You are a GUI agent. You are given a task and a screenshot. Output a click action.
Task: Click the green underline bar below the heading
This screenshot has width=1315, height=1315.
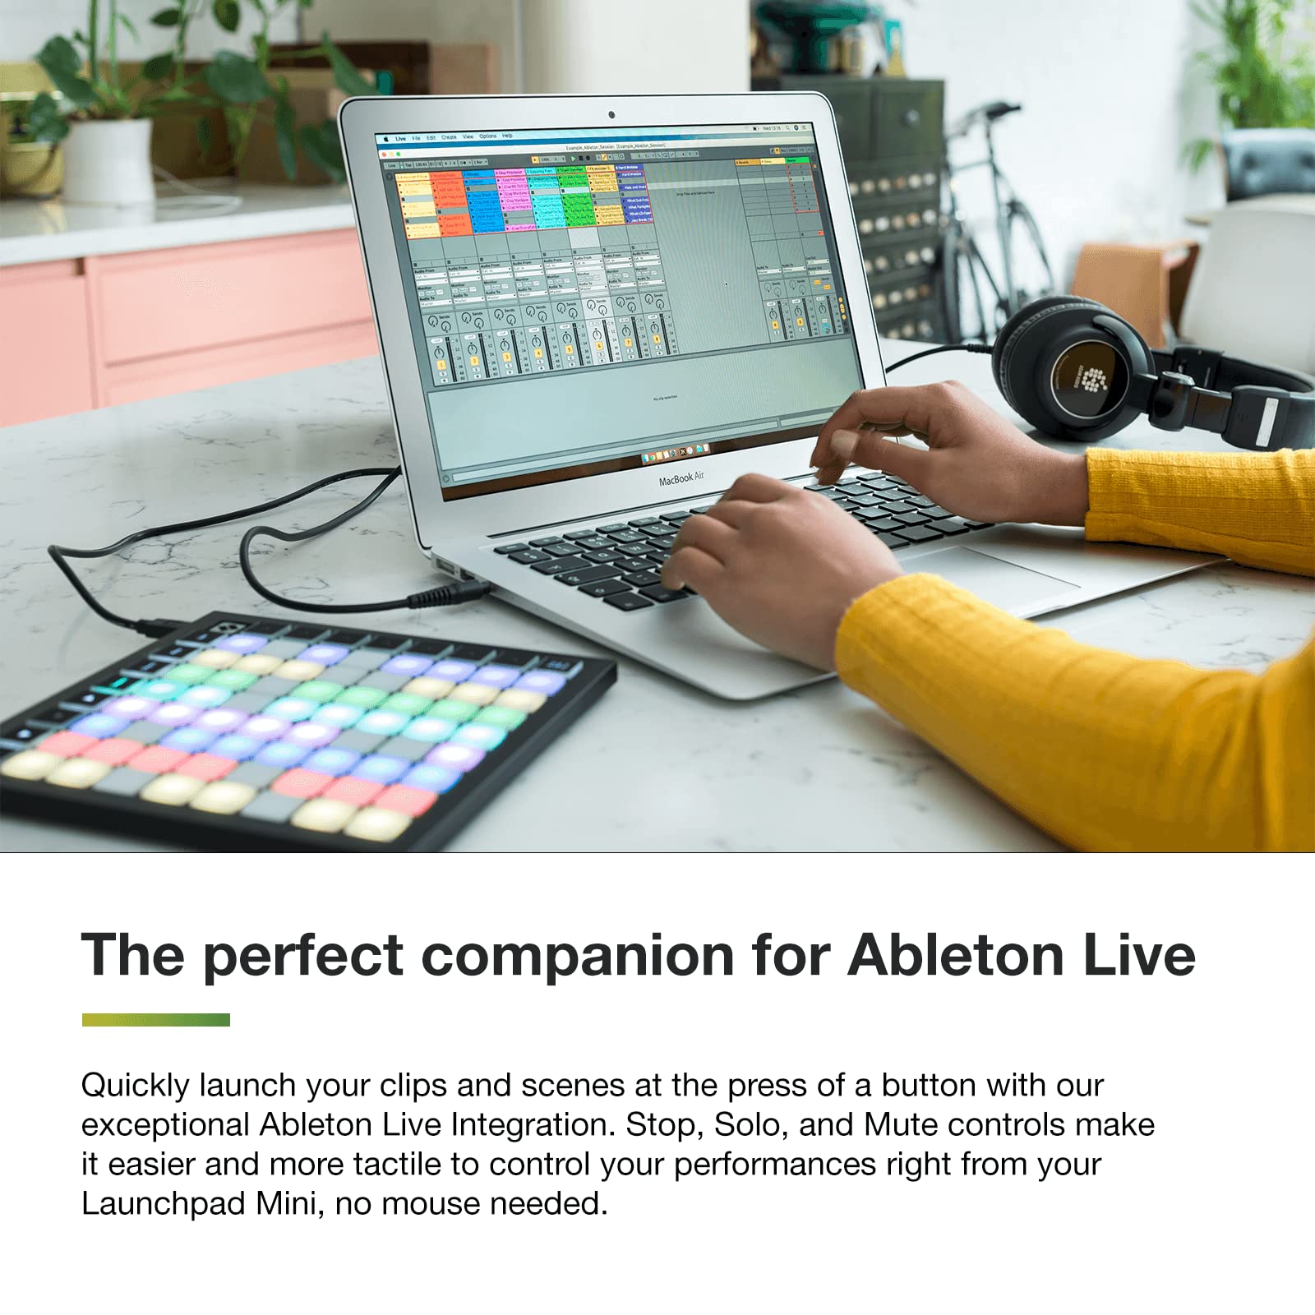156,1020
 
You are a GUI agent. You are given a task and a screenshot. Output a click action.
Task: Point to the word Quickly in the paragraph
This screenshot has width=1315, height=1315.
136,1087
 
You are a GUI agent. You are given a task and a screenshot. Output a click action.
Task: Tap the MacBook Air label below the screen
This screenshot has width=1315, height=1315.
681,478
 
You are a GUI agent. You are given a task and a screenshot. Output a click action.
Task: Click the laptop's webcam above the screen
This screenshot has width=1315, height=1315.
611,115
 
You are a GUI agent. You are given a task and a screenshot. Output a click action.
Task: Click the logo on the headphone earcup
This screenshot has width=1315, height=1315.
1092,378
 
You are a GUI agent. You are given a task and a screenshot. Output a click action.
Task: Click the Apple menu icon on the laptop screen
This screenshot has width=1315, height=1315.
385,139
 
